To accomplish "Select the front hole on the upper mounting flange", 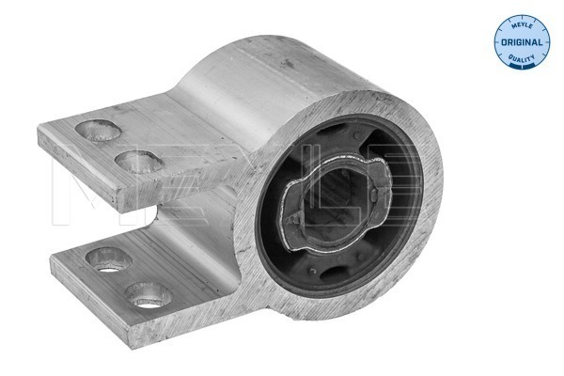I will coord(139,162).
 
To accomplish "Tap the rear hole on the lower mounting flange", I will coord(107,255).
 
